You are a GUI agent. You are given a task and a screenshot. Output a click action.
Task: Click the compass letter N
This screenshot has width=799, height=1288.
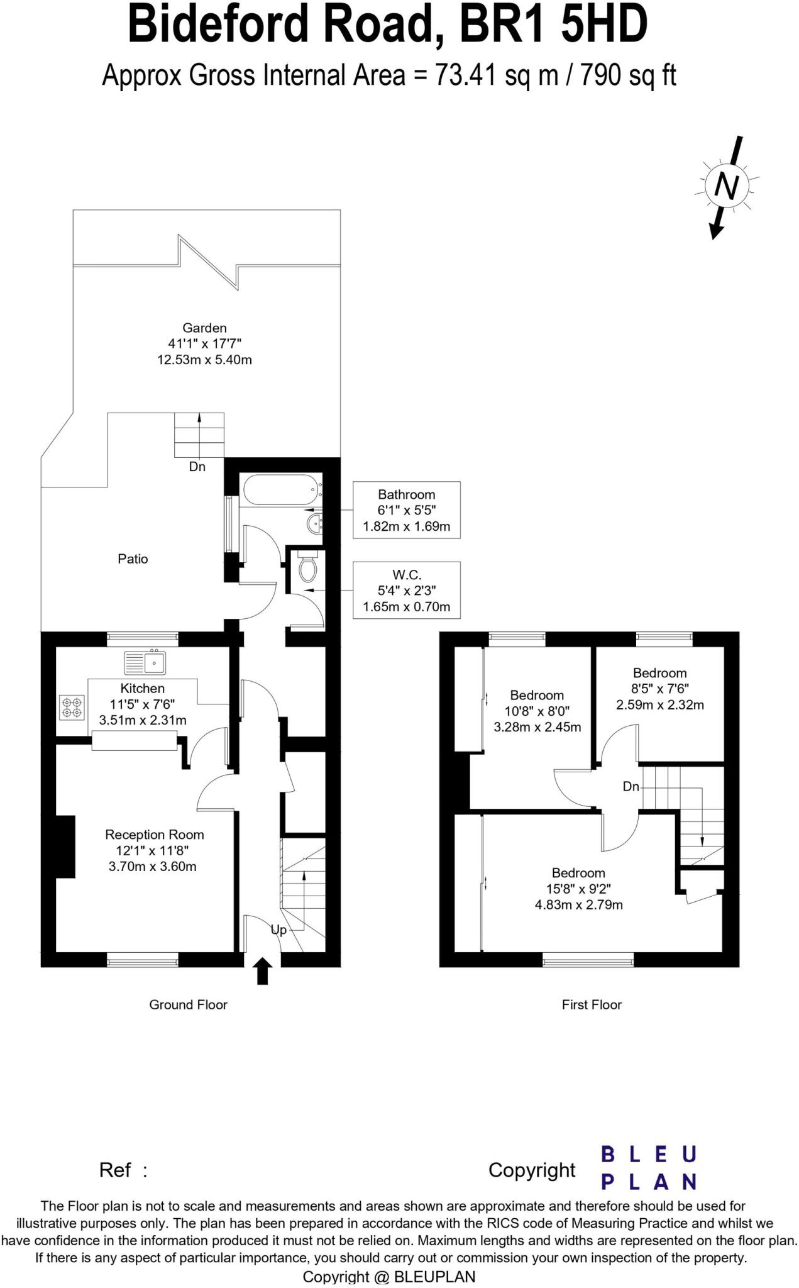726,187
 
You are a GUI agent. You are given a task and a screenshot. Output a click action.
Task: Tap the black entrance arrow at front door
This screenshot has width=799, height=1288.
263,970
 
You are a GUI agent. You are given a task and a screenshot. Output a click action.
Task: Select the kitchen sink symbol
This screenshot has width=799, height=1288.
145,662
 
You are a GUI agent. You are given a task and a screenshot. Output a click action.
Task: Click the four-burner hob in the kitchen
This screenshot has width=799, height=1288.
72,707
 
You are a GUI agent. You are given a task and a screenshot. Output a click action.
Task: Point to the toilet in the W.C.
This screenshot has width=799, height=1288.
307,567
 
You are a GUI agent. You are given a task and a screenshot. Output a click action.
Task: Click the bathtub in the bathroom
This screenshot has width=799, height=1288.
280,490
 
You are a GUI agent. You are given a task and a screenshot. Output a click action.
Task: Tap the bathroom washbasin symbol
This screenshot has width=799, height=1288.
315,521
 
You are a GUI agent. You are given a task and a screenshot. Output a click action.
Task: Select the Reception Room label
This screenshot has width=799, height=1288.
154,835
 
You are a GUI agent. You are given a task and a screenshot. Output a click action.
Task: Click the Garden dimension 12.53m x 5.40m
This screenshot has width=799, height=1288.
204,360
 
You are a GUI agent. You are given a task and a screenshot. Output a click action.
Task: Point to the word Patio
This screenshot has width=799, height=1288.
133,558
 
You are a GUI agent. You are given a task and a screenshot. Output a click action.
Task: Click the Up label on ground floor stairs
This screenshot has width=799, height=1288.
278,930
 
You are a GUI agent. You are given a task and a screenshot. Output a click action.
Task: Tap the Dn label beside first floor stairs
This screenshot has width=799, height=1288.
631,786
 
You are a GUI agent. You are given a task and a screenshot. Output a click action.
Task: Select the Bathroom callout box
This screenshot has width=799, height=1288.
406,510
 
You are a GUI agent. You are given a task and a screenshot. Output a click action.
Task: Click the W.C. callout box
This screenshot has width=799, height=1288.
406,590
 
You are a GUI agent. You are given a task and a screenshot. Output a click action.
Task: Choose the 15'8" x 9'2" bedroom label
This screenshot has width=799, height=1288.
578,889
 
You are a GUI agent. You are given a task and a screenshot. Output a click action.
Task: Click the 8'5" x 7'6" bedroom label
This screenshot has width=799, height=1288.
659,689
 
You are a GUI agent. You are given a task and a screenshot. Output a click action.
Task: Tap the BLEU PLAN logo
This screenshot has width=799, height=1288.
648,1168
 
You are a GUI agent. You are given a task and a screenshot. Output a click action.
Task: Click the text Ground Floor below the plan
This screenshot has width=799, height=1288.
188,1004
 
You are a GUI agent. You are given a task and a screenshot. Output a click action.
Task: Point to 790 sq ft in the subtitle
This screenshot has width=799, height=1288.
627,75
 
